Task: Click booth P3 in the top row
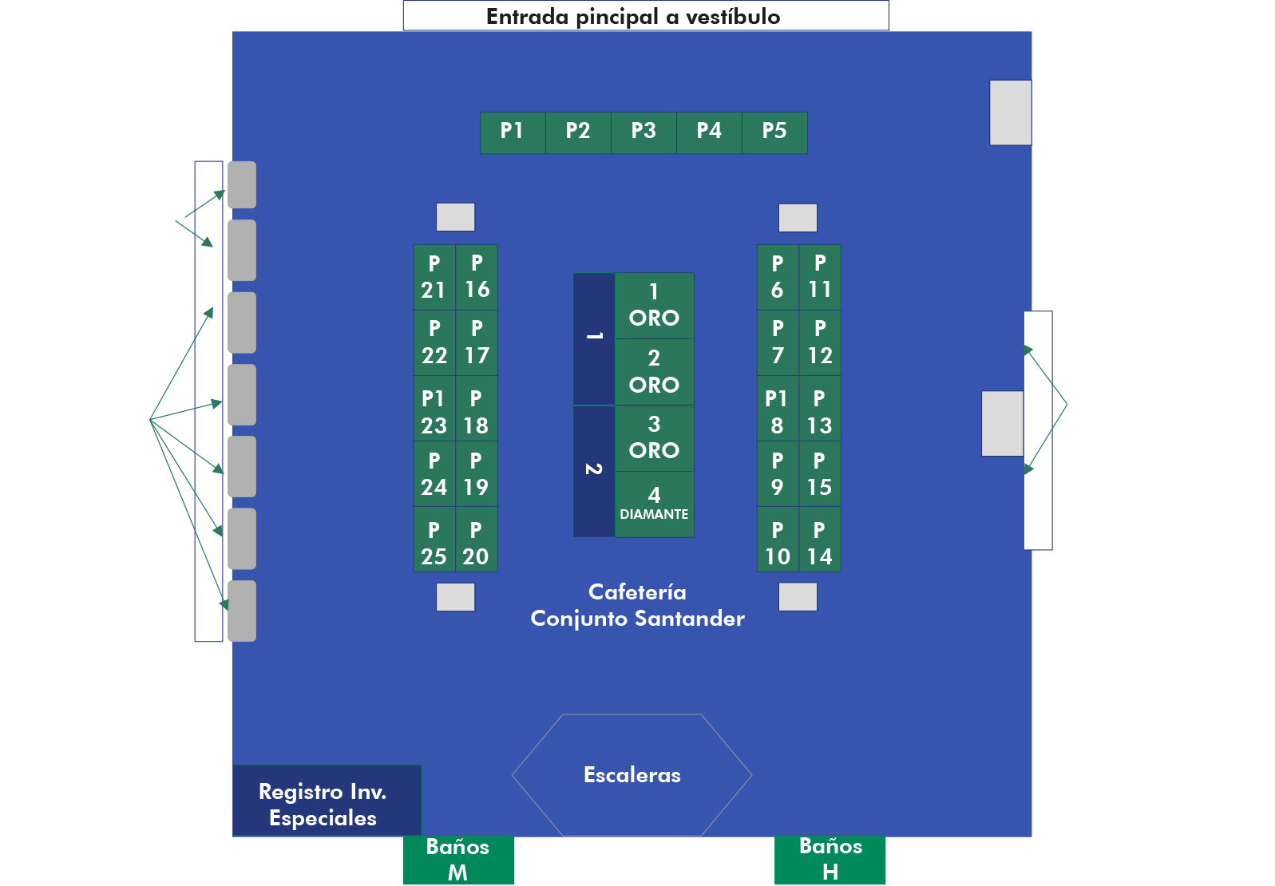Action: point(643,132)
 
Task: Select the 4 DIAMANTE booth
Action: point(654,504)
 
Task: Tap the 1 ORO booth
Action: point(654,306)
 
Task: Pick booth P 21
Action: point(434,277)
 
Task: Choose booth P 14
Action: point(819,544)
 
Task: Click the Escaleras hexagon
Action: point(632,775)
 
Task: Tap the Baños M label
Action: point(458,860)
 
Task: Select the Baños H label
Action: point(830,859)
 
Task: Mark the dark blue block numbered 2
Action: point(594,470)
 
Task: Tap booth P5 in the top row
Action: point(774,132)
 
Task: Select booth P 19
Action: point(476,474)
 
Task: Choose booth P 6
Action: point(777,277)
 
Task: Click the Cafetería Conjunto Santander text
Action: point(637,605)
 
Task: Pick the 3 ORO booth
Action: point(654,437)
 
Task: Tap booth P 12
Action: point(820,342)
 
